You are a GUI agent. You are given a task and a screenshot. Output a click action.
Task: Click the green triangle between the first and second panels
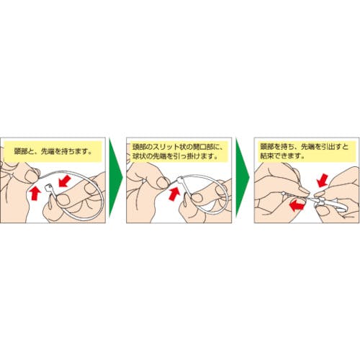[x=114, y=178]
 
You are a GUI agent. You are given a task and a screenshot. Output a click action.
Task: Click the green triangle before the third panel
[x=241, y=178]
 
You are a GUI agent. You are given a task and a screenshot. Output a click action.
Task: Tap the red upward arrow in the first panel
[x=35, y=193]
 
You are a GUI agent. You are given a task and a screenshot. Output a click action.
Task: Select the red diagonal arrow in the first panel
[x=64, y=181]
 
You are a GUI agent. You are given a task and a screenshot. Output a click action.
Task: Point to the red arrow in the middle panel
[x=174, y=193]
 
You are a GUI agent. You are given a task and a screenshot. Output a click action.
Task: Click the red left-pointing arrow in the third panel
[x=297, y=205]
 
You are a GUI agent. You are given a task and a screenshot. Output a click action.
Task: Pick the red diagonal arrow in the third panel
[x=322, y=181]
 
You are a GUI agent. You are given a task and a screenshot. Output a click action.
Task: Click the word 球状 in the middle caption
[x=139, y=156]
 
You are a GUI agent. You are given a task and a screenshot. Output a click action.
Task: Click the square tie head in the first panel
[x=49, y=187]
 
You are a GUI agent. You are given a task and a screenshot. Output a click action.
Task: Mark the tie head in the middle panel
[x=181, y=179]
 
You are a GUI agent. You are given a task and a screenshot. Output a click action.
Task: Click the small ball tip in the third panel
[x=284, y=193]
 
